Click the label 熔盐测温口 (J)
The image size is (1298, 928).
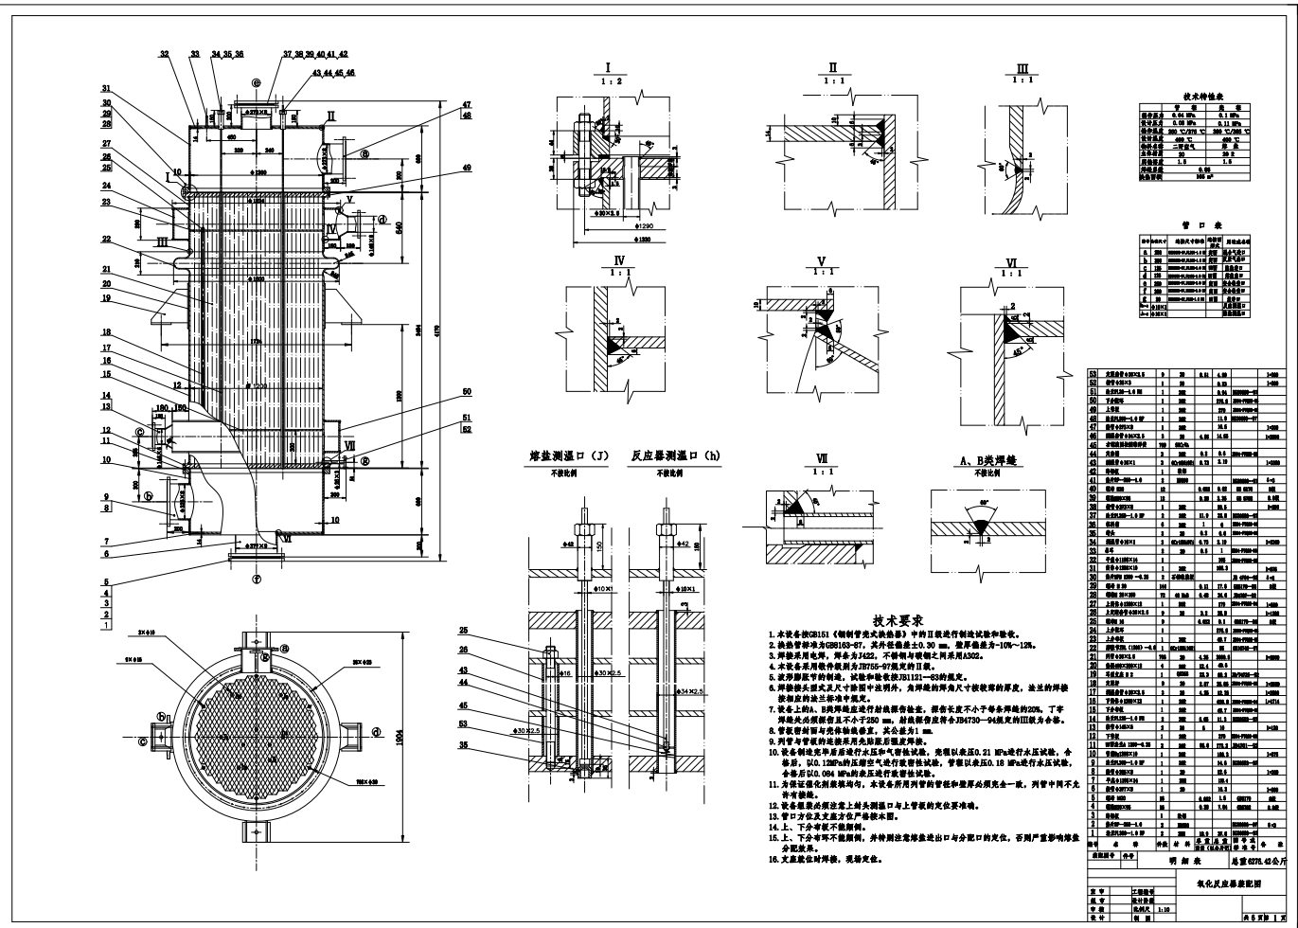pyautogui.click(x=569, y=456)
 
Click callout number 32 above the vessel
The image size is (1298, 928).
pyautogui.click(x=165, y=55)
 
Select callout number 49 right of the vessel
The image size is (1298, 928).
pyautogui.click(x=466, y=167)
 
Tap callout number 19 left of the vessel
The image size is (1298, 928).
pyautogui.click(x=106, y=298)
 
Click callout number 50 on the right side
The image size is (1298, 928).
pyautogui.click(x=466, y=391)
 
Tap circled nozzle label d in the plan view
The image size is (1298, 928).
pyautogui.click(x=376, y=732)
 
